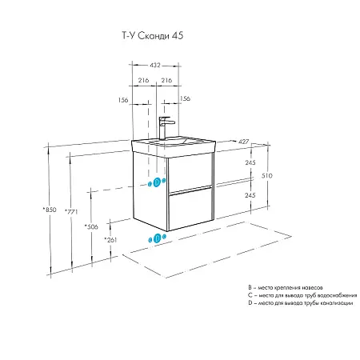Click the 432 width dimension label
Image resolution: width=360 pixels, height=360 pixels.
pyautogui.click(x=154, y=65)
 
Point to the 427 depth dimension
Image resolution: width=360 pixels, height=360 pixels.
pyautogui.click(x=243, y=142)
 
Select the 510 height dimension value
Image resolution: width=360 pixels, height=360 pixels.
pyautogui.click(x=267, y=176)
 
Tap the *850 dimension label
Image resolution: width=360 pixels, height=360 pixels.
pyautogui.click(x=50, y=210)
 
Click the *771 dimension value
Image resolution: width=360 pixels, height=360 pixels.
pyautogui.click(x=71, y=212)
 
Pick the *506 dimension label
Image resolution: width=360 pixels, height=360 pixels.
pyautogui.click(x=91, y=227)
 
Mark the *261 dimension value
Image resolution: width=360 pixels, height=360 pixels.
pyautogui.click(x=110, y=240)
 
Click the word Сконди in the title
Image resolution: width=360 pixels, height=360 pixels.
pyautogui.click(x=154, y=36)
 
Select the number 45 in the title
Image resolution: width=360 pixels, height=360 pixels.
pyautogui.click(x=178, y=36)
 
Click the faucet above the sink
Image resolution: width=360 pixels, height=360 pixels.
pyautogui.click(x=164, y=127)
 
